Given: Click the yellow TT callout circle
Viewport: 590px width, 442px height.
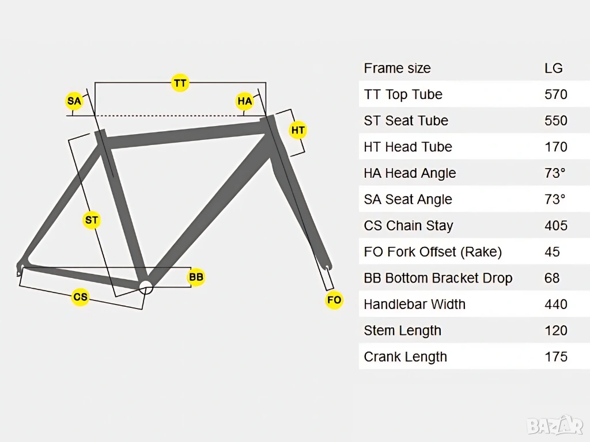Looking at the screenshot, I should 180,83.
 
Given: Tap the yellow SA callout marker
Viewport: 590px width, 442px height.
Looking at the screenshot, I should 74,102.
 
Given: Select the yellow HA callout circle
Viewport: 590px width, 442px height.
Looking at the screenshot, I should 245,102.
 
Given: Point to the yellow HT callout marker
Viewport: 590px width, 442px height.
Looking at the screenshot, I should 298,131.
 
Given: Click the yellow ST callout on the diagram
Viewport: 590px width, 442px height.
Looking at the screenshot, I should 92,220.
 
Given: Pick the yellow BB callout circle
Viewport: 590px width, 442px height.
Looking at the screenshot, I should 196,277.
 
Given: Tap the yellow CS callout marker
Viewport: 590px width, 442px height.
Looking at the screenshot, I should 80,297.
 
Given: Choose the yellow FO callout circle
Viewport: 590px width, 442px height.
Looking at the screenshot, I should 334,300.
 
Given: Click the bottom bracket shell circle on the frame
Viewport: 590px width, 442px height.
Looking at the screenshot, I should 146,287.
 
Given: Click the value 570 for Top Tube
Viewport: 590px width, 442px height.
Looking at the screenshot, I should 556,94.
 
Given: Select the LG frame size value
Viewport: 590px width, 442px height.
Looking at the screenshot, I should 554,68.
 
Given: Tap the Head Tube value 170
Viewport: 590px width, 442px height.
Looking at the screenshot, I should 556,147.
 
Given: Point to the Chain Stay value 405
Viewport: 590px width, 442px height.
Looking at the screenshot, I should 556,226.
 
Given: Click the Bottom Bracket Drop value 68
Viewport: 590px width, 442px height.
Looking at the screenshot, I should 552,278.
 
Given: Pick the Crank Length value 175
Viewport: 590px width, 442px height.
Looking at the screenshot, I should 556,357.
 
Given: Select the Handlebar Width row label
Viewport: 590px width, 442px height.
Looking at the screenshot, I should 414,304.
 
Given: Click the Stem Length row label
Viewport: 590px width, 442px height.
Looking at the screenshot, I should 402,331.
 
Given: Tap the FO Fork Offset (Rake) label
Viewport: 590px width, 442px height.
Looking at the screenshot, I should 433,252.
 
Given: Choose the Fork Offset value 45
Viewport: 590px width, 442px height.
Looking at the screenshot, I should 552,252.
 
